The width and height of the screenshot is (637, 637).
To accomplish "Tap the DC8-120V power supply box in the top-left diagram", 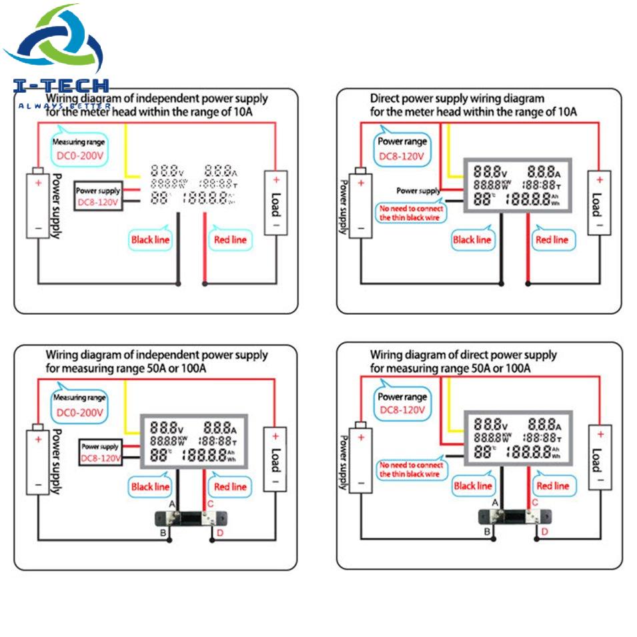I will point(99,195).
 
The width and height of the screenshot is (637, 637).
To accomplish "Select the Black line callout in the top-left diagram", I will point(150,239).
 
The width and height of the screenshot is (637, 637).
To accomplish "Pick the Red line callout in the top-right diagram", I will point(552,239).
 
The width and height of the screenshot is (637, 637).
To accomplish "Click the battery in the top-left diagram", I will point(38,205).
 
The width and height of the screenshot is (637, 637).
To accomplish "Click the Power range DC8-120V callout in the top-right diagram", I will point(402,149).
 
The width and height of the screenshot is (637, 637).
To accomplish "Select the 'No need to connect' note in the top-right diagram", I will point(412,212).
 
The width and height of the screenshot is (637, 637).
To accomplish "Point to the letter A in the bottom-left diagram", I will point(172,503).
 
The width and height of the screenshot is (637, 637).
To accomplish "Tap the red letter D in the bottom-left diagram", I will point(219,532).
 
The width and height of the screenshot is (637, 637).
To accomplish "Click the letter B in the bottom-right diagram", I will point(488,531).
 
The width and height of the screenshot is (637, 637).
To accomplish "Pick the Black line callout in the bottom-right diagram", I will point(473,486).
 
